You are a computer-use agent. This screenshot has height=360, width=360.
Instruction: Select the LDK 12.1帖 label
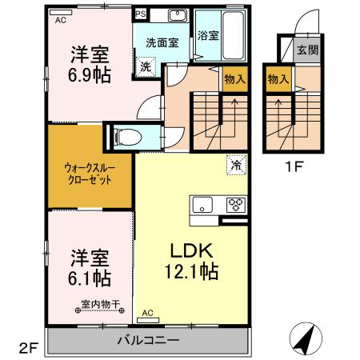tap(190, 262)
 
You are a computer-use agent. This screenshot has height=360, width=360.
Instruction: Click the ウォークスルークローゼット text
tap(88, 174)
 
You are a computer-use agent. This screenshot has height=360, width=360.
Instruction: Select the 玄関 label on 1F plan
tap(308, 50)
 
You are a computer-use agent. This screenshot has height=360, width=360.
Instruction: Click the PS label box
tap(141, 14)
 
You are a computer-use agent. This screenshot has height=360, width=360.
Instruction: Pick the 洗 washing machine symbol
tap(145, 68)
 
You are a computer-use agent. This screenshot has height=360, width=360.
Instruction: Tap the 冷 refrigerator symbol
tap(236, 165)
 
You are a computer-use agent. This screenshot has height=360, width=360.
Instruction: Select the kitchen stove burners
tap(234, 202)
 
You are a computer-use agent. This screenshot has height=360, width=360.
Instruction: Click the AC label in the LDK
tap(147, 312)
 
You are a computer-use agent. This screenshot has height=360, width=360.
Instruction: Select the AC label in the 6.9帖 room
tap(60, 21)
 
